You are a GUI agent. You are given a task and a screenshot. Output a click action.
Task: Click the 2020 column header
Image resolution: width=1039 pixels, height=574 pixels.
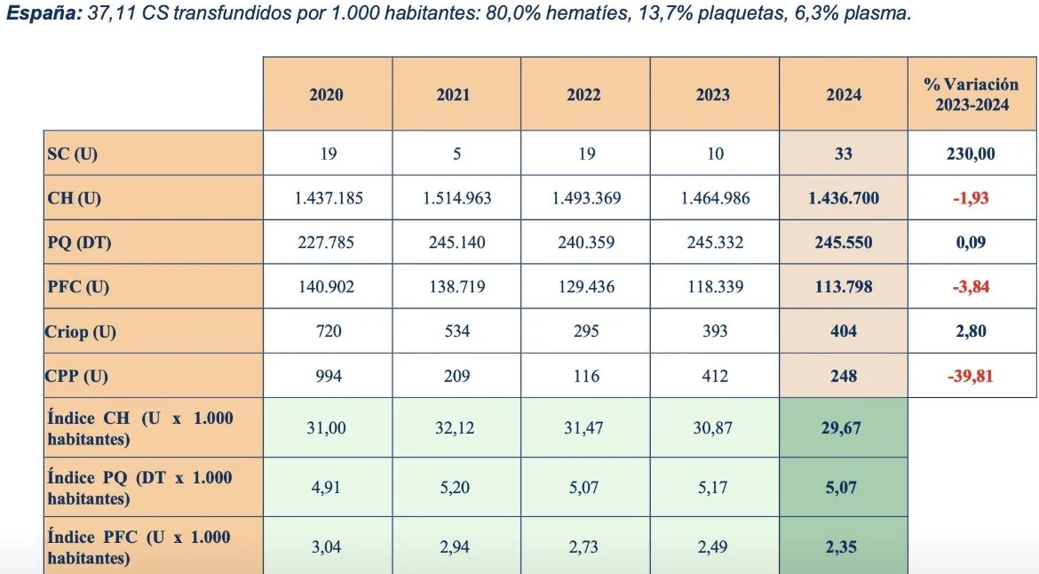point(326,94)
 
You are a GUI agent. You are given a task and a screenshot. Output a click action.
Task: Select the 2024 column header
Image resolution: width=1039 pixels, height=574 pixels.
point(843,94)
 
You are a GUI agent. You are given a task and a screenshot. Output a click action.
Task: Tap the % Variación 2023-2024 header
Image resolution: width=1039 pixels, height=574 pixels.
point(971,94)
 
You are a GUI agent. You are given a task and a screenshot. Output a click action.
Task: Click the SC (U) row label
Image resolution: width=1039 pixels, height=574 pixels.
point(72,154)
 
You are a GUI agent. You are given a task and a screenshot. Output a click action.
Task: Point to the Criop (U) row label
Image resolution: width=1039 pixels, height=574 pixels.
point(81,331)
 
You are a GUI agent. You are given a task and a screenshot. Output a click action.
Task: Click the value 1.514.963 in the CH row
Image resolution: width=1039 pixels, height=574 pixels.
point(456,198)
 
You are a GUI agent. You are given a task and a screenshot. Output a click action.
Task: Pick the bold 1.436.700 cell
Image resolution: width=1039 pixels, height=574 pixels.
point(843,198)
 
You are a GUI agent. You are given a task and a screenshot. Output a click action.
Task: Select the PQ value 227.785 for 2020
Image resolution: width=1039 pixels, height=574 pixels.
point(326,243)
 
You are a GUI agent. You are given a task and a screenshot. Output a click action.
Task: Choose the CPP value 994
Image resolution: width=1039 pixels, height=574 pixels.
point(326,376)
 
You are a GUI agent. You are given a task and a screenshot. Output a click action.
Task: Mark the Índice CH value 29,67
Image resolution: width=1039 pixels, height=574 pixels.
point(843,427)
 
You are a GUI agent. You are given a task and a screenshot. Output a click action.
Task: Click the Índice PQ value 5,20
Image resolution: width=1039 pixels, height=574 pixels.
point(456,487)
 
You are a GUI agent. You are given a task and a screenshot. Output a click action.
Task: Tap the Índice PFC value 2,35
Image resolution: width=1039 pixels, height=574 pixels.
point(843,547)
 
